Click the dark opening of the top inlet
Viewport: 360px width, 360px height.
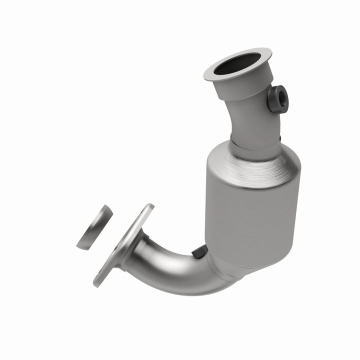click(x=237, y=64)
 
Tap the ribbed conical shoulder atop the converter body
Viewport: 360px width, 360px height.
click(x=250, y=162)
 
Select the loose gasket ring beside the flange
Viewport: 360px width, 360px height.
click(x=94, y=227)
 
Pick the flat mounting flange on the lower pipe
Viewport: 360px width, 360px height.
click(x=122, y=245)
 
